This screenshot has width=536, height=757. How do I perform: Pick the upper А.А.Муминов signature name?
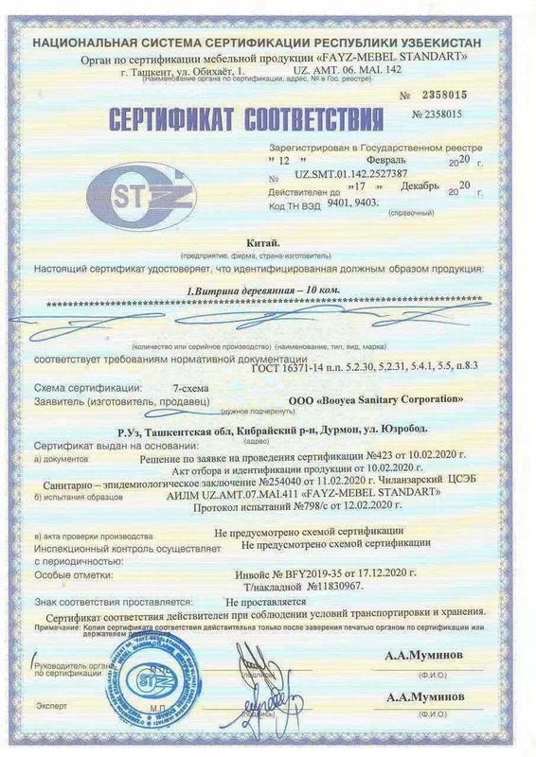(423, 655)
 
